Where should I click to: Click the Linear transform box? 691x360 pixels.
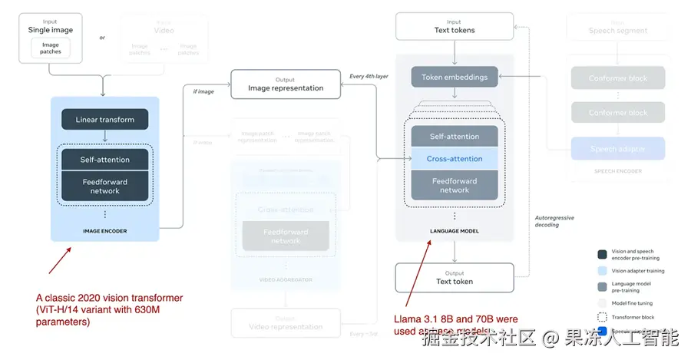pyautogui.click(x=104, y=120)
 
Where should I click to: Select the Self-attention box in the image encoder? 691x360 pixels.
pyautogui.click(x=104, y=160)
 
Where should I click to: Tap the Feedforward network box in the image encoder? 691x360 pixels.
pyautogui.click(x=104, y=187)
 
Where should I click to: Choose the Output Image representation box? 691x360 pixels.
pyautogui.click(x=286, y=84)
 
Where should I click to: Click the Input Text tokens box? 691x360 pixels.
pyautogui.click(x=455, y=26)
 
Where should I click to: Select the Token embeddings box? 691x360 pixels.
pyautogui.click(x=455, y=78)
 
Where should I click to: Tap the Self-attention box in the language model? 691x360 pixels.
pyautogui.click(x=455, y=137)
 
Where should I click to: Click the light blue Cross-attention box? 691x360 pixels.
pyautogui.click(x=455, y=159)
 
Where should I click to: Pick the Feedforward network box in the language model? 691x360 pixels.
pyautogui.click(x=455, y=186)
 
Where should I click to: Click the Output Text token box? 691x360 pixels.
pyautogui.click(x=455, y=277)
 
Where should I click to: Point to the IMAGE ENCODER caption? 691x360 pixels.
pyautogui.click(x=104, y=230)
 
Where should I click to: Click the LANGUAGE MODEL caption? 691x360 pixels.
pyautogui.click(x=455, y=230)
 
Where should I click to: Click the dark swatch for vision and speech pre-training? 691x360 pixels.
pyautogui.click(x=603, y=255)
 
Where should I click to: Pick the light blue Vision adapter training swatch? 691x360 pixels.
pyautogui.click(x=603, y=271)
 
